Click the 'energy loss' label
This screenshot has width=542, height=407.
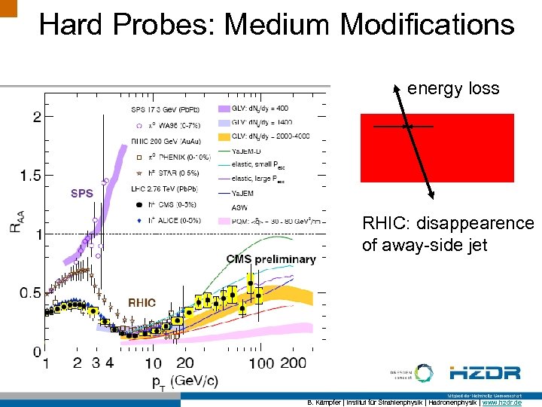pos(453,88)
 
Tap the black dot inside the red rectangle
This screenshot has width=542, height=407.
pos(406,127)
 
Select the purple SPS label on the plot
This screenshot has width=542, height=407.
pos(81,193)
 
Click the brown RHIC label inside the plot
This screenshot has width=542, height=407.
pos(142,302)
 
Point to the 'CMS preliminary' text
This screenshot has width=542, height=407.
pos(270,259)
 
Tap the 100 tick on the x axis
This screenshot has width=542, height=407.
pos(260,363)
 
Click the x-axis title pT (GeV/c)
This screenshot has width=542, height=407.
pos(184,380)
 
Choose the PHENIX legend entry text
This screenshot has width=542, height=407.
pos(175,157)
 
